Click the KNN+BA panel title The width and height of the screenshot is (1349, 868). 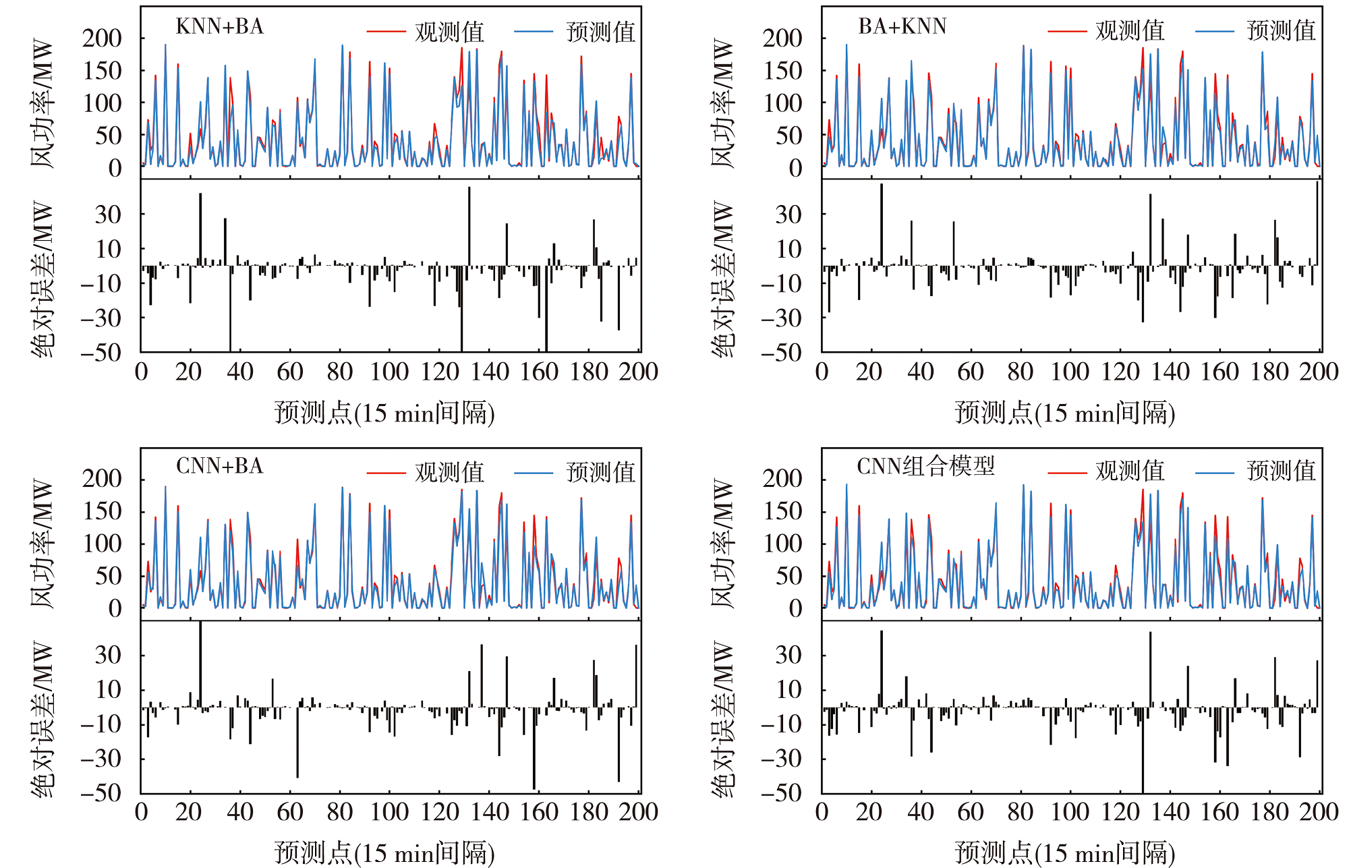219,26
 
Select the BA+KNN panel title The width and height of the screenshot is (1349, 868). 902,26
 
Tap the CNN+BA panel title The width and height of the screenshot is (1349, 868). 219,466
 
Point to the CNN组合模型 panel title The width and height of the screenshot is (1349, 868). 925,466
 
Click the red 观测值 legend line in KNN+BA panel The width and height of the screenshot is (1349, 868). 386,32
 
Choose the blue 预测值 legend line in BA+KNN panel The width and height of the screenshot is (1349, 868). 1214,31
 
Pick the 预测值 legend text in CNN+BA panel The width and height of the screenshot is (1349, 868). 601,472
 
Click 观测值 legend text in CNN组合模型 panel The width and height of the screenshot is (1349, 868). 1130,471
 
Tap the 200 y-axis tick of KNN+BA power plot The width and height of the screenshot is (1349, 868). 102,38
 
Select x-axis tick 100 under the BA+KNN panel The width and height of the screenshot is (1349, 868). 1070,372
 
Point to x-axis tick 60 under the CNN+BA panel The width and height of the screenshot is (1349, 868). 290,811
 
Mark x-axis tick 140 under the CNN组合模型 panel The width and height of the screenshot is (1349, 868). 1170,811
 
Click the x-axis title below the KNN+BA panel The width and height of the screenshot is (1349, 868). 384,413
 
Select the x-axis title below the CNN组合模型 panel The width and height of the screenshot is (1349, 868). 1065,853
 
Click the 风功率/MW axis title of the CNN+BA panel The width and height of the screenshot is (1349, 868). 42,544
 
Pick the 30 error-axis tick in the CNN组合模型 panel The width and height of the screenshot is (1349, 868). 788,655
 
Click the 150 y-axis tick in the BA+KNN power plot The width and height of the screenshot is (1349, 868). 782,71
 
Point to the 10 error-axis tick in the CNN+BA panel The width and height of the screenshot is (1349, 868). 108,690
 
